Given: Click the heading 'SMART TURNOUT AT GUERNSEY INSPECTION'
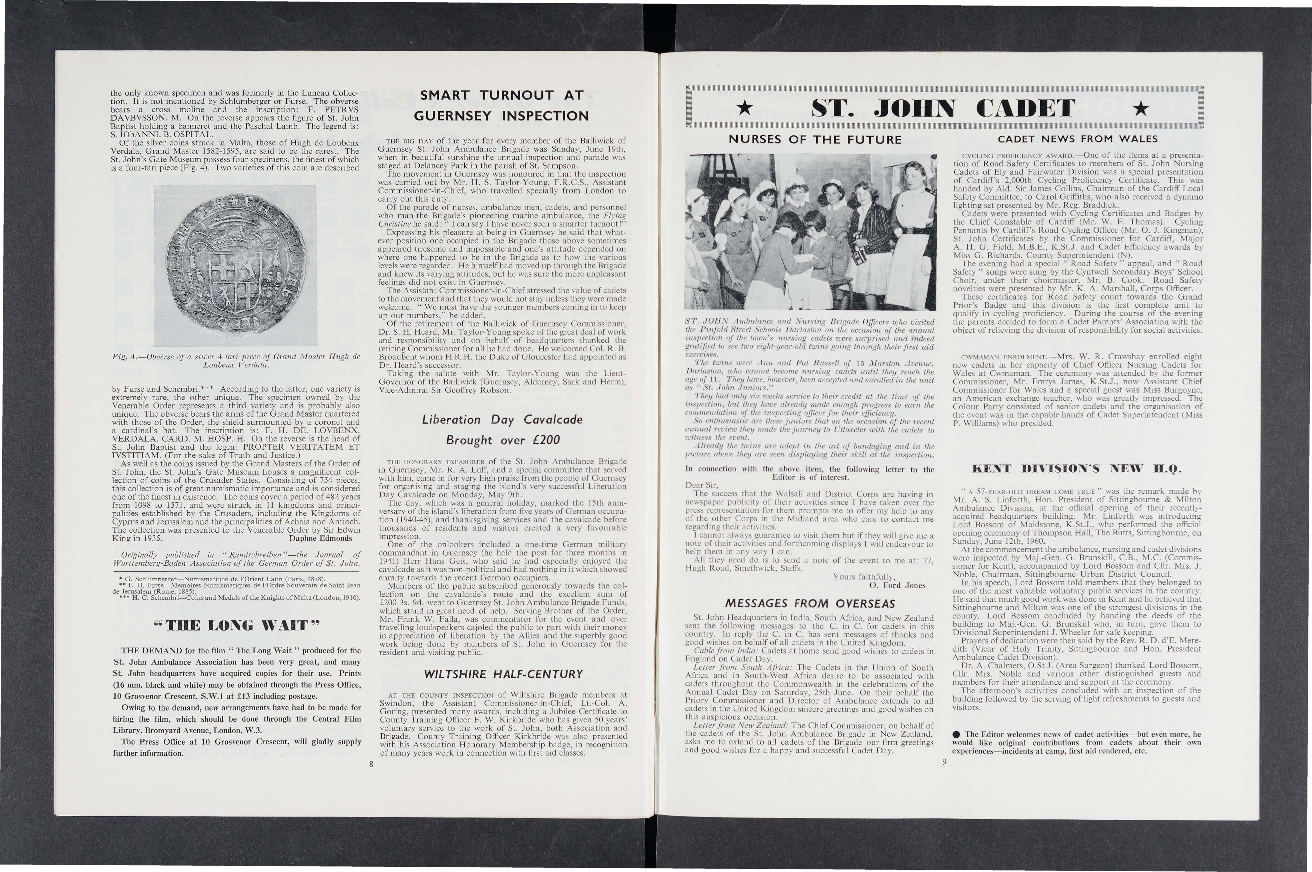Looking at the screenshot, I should pos(504,106).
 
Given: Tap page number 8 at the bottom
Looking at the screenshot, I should pos(371,764).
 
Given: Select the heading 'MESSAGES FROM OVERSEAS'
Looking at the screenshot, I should pos(809,603).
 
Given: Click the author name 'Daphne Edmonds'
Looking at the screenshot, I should pos(320,538).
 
